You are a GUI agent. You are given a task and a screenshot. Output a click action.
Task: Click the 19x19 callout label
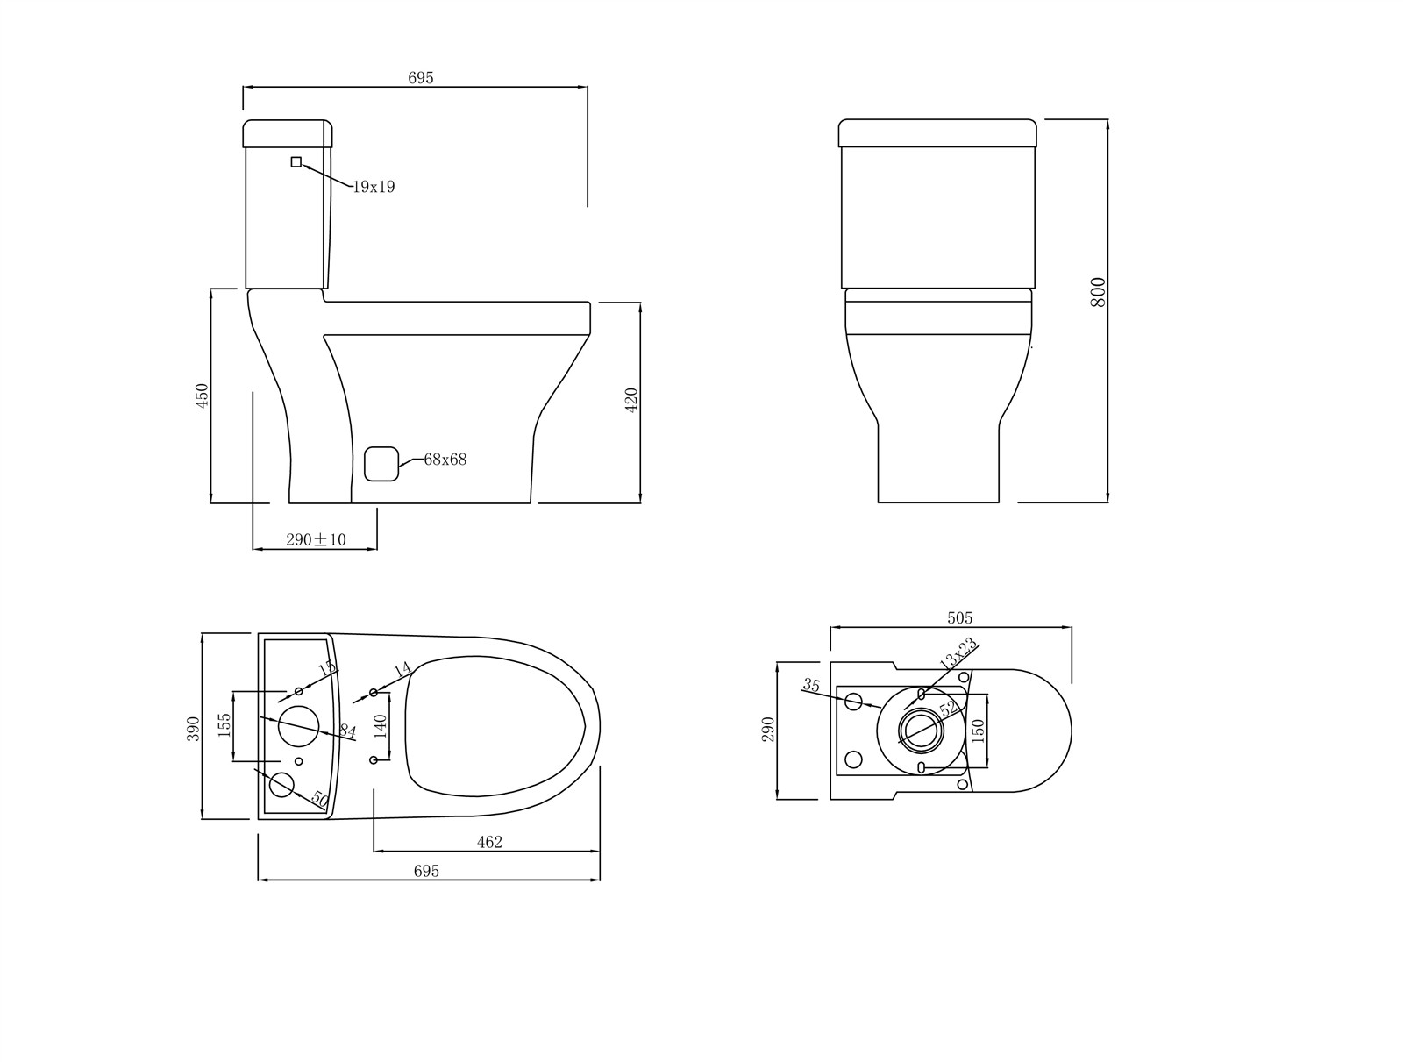(x=374, y=187)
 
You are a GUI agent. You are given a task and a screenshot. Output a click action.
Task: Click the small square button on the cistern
(x=296, y=161)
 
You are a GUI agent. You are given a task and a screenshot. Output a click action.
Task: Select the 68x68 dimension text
(x=445, y=460)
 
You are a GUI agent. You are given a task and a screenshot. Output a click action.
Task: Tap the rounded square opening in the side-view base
(x=381, y=463)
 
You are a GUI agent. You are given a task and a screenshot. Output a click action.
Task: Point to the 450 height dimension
(x=203, y=396)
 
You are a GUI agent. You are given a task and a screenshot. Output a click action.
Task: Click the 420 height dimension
(x=631, y=400)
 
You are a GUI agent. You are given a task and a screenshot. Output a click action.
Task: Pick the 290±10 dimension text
(x=316, y=540)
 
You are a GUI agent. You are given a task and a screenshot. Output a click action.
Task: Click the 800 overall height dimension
(x=1098, y=292)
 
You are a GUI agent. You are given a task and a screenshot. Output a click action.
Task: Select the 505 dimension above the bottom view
(x=960, y=618)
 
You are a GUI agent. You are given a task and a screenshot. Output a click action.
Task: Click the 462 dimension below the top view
(x=489, y=842)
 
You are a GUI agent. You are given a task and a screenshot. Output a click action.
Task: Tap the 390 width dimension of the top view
(x=194, y=728)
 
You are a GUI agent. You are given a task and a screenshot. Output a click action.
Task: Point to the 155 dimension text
(x=224, y=724)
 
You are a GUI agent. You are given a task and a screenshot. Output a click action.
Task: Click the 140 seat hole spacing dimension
(x=380, y=725)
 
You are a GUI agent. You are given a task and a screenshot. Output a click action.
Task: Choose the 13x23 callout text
(x=958, y=654)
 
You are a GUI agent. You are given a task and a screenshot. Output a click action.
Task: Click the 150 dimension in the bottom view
(x=979, y=731)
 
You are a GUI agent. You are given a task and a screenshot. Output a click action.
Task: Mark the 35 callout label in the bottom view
(x=811, y=686)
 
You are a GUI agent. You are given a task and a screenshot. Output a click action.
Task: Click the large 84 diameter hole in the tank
(x=298, y=724)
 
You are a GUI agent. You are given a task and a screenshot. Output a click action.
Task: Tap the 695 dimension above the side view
(x=420, y=78)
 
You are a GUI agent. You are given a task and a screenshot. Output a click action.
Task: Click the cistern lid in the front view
(x=937, y=133)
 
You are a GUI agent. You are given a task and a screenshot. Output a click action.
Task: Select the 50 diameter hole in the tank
(x=281, y=785)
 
